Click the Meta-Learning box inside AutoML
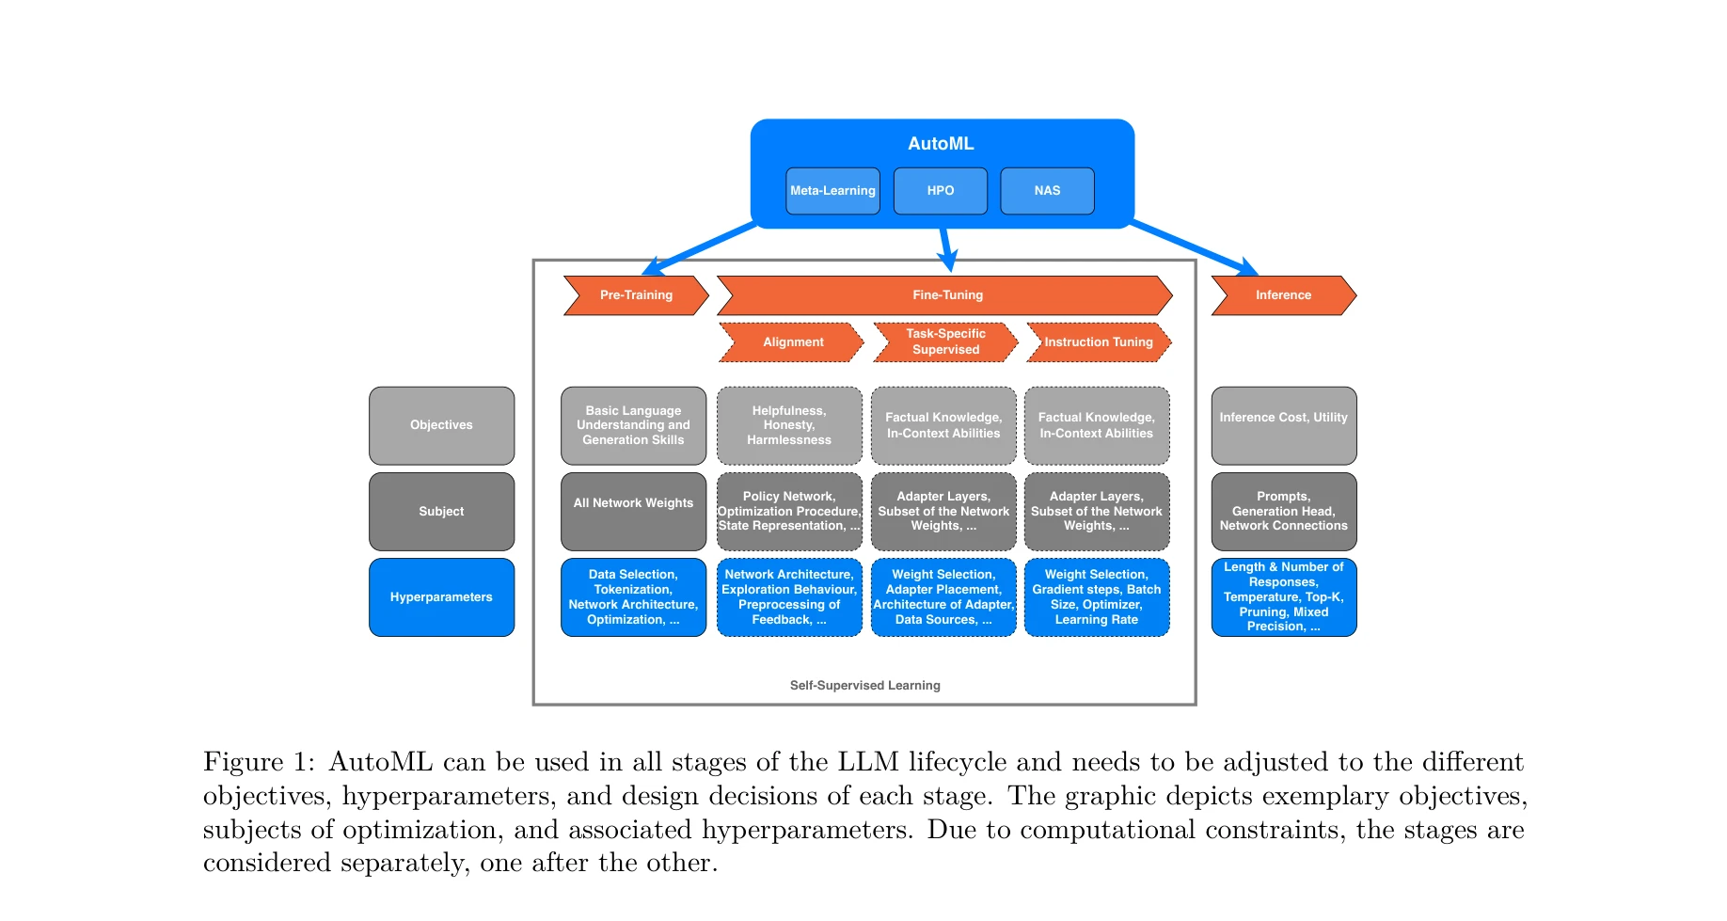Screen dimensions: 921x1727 pos(832,191)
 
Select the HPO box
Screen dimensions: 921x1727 pos(940,191)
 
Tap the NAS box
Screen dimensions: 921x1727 pos(1047,191)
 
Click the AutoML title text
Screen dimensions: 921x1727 pos(941,144)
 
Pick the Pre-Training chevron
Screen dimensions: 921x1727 pos(636,295)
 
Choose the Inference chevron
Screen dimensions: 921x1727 pos(1283,295)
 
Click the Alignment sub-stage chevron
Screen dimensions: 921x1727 pos(792,342)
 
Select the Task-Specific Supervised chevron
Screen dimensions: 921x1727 pos(945,342)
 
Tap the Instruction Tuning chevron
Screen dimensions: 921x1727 pos(1098,342)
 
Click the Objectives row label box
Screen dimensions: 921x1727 pos(441,425)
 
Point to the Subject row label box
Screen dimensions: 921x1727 pos(441,512)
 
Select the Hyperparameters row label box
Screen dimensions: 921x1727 pos(441,597)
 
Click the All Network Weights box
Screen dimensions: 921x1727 pos(633,511)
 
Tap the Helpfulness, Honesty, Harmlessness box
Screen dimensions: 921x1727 pos(789,425)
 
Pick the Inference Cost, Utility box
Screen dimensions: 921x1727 pos(1283,425)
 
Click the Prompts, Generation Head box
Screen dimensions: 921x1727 pos(1283,512)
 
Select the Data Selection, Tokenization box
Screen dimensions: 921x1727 pos(633,597)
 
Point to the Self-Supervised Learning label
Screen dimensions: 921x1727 pos(864,686)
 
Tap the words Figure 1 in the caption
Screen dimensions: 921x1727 pos(256,762)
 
